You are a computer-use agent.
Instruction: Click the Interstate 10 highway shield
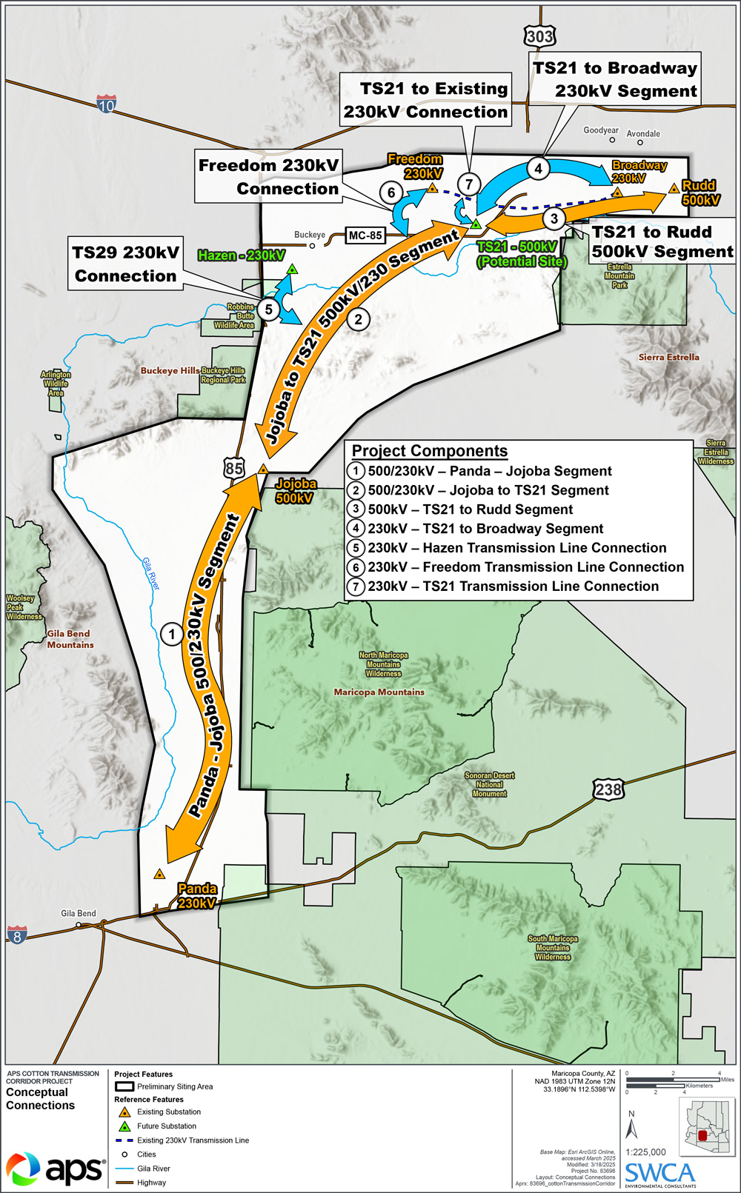pyautogui.click(x=107, y=104)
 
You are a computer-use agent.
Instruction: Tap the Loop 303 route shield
pyautogui.click(x=539, y=36)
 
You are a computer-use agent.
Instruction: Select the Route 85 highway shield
pyautogui.click(x=234, y=467)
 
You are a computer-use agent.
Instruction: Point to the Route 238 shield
pyautogui.click(x=608, y=789)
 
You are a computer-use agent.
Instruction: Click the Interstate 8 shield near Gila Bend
pyautogui.click(x=17, y=935)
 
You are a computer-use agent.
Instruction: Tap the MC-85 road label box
pyautogui.click(x=365, y=235)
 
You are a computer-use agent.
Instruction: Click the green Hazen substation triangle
pyautogui.click(x=293, y=270)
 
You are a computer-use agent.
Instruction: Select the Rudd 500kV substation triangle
pyautogui.click(x=674, y=189)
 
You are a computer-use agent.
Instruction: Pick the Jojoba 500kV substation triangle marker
pyautogui.click(x=262, y=469)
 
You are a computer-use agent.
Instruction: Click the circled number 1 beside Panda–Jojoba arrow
pyautogui.click(x=172, y=634)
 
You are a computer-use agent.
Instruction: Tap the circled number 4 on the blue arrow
pyautogui.click(x=539, y=169)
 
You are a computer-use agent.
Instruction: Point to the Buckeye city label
pyautogui.click(x=310, y=235)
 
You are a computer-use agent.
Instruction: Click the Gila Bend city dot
pyautogui.click(x=79, y=924)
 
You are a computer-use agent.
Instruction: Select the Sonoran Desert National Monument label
pyautogui.click(x=490, y=784)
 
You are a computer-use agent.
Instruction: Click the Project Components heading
pyautogui.click(x=430, y=451)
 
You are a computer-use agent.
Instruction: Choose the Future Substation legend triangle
pyautogui.click(x=124, y=1126)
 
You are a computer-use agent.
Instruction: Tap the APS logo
pyautogui.click(x=56, y=1169)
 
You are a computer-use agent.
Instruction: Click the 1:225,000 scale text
pyautogui.click(x=645, y=1152)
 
